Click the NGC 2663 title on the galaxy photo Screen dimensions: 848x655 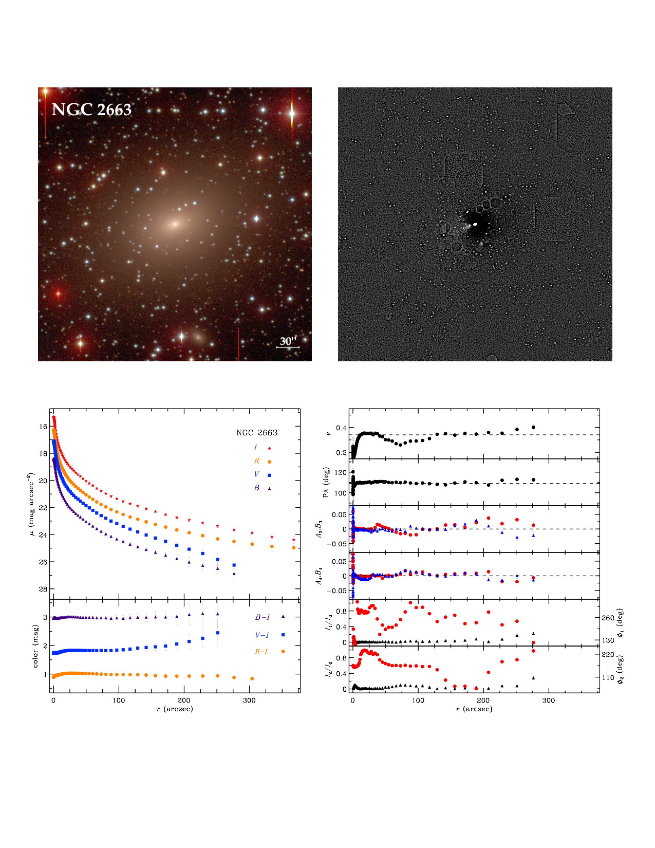point(91,109)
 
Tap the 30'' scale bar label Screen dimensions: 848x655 point(288,341)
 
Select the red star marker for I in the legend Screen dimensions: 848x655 point(269,449)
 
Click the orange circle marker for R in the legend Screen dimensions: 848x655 point(269,462)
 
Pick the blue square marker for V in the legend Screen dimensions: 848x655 point(269,475)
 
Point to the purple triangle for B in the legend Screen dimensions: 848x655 point(269,488)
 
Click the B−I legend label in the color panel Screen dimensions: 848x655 point(263,617)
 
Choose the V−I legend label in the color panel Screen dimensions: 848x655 point(262,635)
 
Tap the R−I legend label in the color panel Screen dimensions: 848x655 point(261,652)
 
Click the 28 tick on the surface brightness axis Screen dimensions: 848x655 point(43,589)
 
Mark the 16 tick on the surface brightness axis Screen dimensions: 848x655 point(43,427)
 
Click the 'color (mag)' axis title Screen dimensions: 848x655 point(35,646)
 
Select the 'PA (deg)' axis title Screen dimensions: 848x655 point(326,482)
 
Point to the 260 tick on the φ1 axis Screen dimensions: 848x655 point(608,618)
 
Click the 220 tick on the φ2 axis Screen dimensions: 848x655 point(608,655)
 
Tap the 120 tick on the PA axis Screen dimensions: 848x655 point(341,472)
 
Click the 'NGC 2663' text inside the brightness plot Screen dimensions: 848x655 point(257,433)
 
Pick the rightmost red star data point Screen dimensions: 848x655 point(294,540)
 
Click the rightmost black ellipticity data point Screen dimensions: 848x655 point(534,427)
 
